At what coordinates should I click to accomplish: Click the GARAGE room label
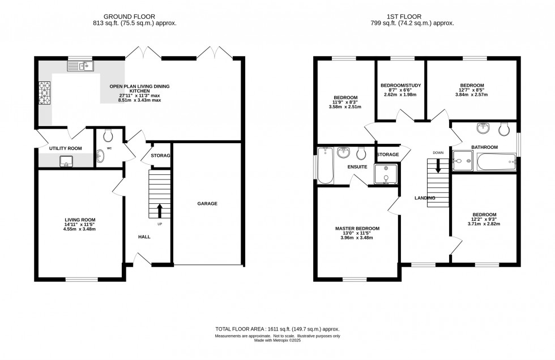[x=207, y=204]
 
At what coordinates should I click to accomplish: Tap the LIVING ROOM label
[x=80, y=220]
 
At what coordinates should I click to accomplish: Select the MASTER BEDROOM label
[x=357, y=228]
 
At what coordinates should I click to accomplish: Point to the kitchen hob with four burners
[x=44, y=93]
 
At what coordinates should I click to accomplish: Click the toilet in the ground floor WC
[x=109, y=134]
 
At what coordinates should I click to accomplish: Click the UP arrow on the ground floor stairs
[x=159, y=210]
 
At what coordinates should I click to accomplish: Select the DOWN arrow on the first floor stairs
[x=437, y=165]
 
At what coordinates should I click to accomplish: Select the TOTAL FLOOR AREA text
[x=277, y=329]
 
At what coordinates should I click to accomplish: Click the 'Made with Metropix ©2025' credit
[x=277, y=341]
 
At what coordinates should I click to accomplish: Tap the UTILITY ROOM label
[x=66, y=148]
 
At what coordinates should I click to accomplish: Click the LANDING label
[x=425, y=198]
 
